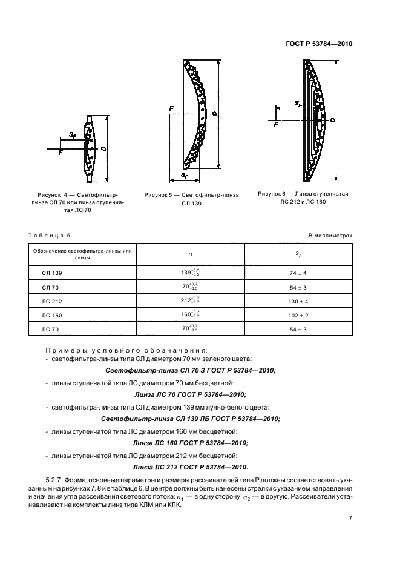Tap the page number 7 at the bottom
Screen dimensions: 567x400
350,518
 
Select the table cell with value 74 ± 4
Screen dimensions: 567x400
299,273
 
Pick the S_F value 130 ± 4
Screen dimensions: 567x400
299,301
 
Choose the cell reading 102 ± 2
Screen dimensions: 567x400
299,315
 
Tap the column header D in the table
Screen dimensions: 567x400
191,254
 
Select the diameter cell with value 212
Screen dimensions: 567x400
189,301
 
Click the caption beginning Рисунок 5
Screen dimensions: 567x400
191,199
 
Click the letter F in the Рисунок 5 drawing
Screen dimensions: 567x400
171,108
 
